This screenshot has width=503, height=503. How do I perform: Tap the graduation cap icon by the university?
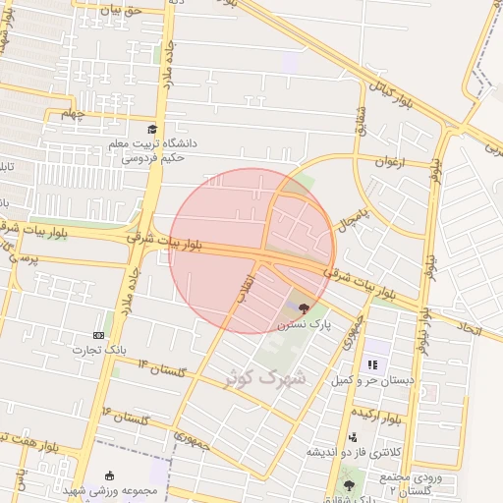click(x=152, y=130)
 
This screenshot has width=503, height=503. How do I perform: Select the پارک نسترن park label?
click(x=304, y=322)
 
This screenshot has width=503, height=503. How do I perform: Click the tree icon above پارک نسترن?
click(x=303, y=307)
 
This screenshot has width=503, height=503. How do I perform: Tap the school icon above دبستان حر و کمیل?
click(x=372, y=364)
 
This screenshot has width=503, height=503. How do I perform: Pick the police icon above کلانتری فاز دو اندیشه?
click(x=353, y=437)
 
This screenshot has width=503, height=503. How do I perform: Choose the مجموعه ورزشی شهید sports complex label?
click(x=117, y=489)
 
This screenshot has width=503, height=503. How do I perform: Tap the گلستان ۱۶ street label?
click(x=127, y=418)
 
